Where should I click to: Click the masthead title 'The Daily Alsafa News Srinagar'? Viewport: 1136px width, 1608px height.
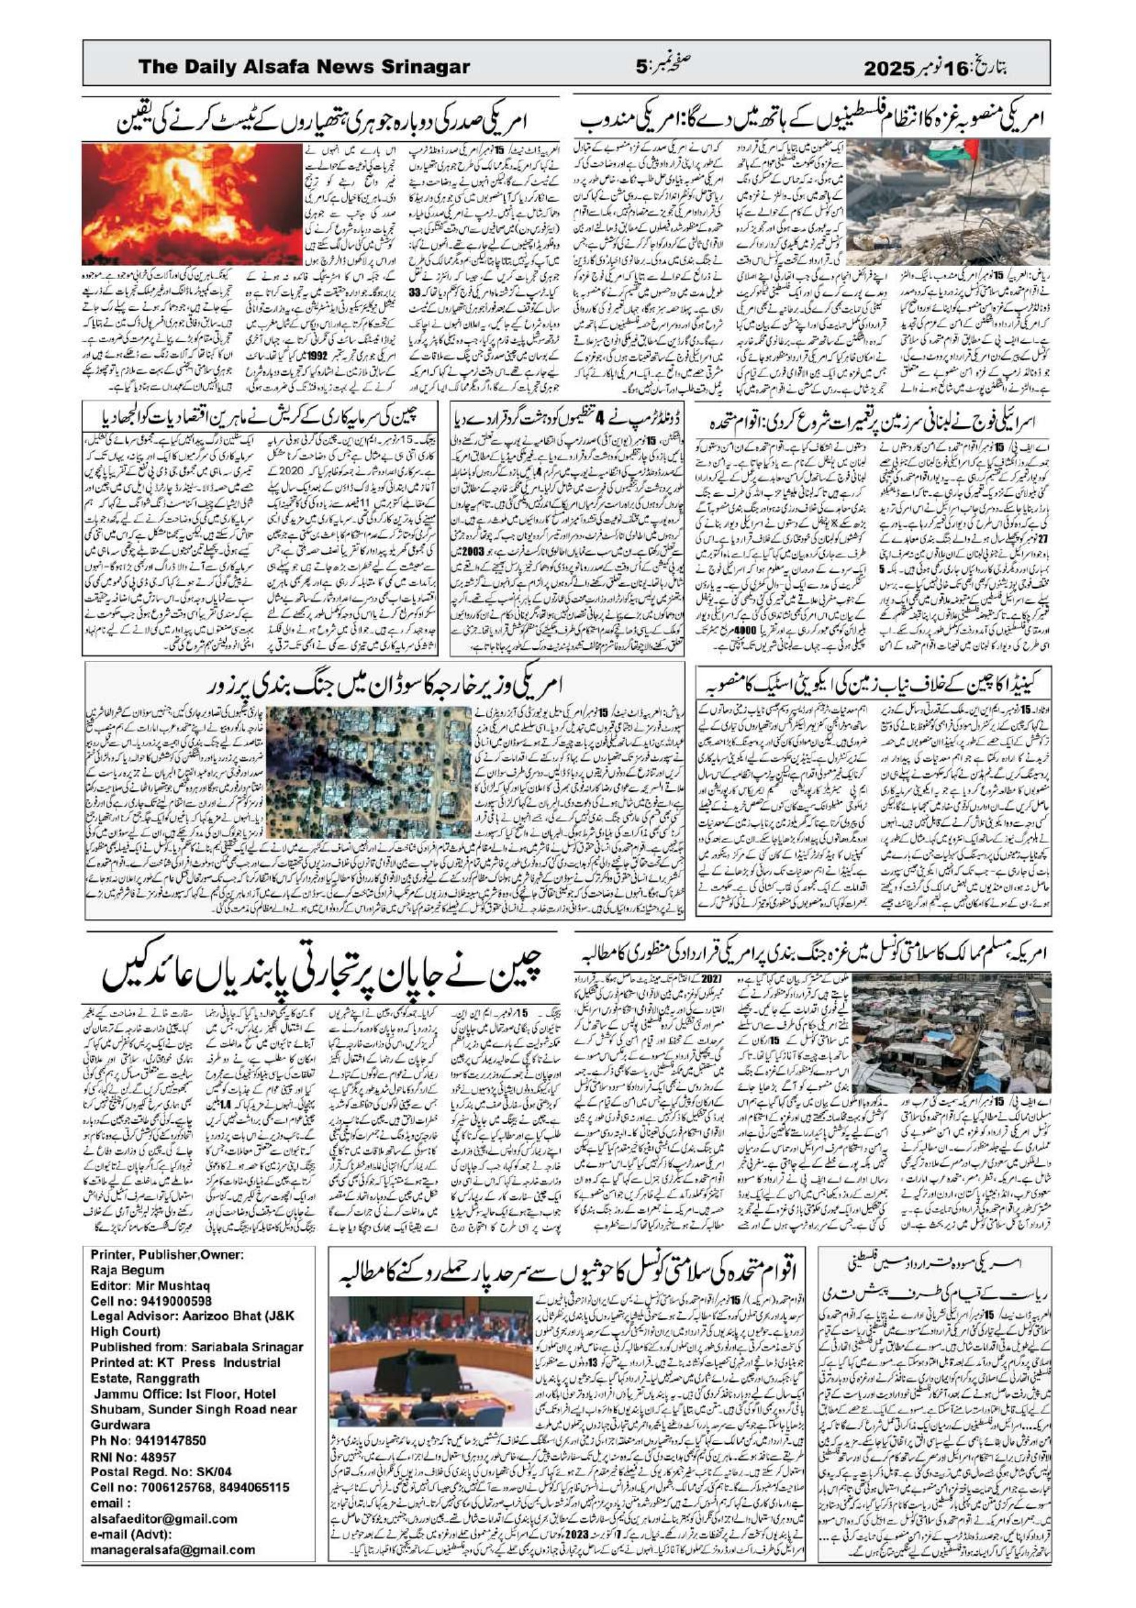[x=304, y=67]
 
